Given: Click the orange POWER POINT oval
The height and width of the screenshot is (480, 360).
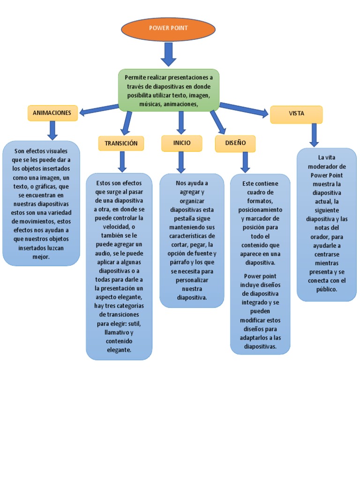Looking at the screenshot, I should coord(168,29).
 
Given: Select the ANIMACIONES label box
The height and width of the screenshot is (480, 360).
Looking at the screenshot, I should coord(52,113).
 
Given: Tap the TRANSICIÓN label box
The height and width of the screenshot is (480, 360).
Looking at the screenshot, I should coord(121,143).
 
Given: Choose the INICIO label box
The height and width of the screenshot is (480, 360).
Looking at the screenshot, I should coord(181,143).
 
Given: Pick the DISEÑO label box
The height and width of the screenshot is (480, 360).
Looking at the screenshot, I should coord(235,143).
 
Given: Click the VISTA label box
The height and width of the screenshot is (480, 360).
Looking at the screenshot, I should coord(296,114).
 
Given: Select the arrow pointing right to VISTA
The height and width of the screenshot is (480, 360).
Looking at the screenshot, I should coord(244,109).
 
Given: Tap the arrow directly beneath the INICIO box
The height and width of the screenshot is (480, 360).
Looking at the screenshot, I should coord(181,162).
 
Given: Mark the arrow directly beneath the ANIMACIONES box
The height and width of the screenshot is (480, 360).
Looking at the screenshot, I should coord(52,130).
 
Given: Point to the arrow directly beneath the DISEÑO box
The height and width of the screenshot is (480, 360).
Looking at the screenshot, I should coord(245,162).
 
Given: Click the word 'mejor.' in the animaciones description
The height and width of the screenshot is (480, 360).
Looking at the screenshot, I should coord(41,257).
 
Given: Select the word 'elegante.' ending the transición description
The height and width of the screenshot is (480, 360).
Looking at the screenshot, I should coord(119,350).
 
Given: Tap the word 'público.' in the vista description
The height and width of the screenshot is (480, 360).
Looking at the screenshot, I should coord(327,289).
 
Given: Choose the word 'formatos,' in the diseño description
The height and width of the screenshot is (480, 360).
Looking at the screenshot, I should coord(260,201).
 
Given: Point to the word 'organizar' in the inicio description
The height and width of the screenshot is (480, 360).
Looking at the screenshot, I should coord(192,201).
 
